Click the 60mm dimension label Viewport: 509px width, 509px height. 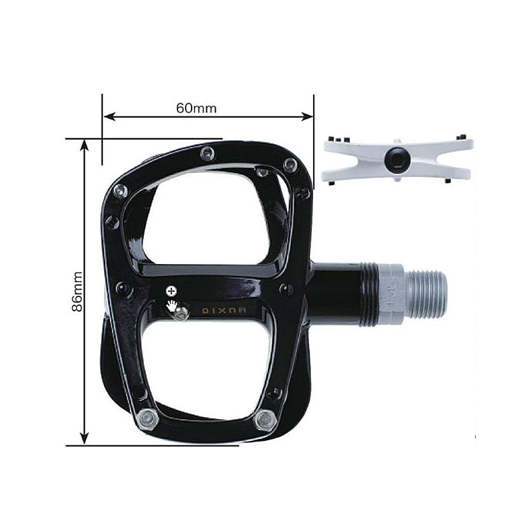point(196,108)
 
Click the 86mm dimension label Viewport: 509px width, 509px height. point(77,291)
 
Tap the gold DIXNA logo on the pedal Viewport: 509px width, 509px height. point(224,310)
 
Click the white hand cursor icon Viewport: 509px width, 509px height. point(172,306)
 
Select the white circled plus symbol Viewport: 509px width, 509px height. point(171,291)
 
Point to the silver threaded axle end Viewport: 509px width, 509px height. point(426,294)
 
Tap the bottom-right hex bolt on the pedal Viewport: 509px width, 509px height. point(265,420)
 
